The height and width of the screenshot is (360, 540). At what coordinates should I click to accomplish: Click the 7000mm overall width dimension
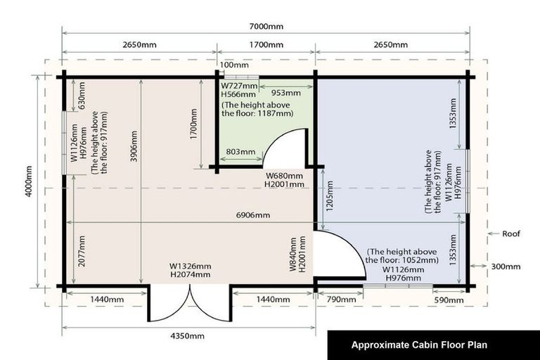266,27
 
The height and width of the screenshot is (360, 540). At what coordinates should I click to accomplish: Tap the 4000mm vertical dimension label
29,181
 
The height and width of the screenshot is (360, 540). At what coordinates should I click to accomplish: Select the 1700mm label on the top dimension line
266,45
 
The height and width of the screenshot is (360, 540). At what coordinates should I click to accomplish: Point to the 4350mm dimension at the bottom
187,336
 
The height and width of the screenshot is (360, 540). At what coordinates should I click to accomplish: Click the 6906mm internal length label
253,215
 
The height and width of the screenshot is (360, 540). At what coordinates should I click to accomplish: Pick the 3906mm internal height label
134,146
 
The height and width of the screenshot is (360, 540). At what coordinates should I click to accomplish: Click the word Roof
511,233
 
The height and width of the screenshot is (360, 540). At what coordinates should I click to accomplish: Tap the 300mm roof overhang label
506,266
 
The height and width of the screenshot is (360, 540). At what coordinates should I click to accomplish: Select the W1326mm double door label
190,266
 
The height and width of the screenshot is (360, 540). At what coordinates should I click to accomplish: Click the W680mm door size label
284,176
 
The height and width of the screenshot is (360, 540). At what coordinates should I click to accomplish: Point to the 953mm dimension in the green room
286,93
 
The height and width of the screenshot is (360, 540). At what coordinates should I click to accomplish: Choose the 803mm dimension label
240,152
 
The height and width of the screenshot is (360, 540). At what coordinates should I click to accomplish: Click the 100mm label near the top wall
234,65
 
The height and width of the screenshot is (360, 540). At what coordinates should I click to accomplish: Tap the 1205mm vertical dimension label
330,196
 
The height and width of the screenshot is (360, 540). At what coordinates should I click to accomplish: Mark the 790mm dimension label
341,300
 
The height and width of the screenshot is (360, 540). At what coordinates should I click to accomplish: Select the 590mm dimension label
449,300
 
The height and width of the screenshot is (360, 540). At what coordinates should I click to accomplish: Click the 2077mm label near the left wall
82,251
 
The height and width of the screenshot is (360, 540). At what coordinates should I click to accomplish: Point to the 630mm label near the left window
82,96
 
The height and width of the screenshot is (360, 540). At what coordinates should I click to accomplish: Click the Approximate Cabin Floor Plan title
419,345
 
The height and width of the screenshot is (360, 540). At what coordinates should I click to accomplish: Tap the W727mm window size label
239,86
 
